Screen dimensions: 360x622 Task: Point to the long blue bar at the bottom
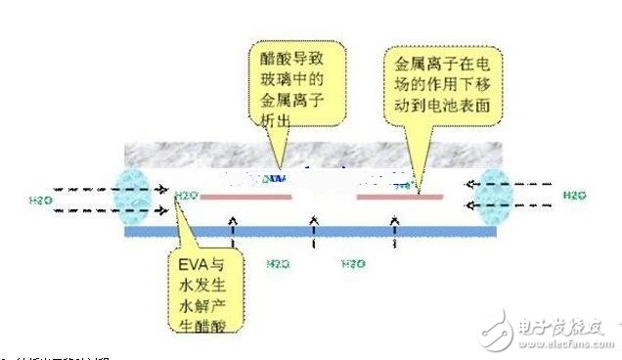(310, 233)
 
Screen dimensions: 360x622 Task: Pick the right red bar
(399, 197)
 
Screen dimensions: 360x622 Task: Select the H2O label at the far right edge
(574, 195)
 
